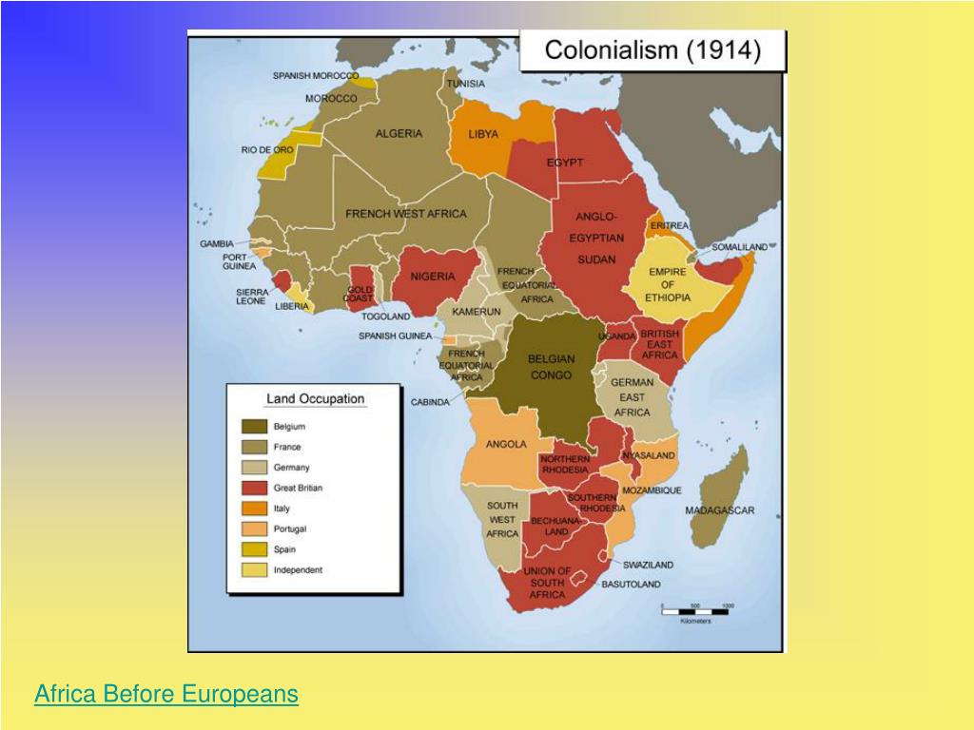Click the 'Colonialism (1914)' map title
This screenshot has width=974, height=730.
click(x=652, y=50)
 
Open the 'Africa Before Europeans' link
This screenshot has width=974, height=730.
click(x=166, y=695)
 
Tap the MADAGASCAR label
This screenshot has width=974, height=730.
click(x=720, y=510)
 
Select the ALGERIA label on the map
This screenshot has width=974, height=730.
click(x=399, y=134)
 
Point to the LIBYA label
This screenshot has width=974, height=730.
click(x=483, y=134)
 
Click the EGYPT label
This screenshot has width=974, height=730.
click(x=565, y=163)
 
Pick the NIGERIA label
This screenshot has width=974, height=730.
click(x=433, y=277)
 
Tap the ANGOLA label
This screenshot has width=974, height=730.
click(x=506, y=444)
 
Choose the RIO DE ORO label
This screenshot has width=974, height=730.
click(x=267, y=150)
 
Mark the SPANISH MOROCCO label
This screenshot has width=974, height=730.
click(x=316, y=76)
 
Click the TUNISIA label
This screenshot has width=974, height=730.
click(x=466, y=84)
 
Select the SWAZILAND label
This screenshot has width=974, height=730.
click(x=649, y=565)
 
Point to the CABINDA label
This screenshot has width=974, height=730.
click(x=430, y=402)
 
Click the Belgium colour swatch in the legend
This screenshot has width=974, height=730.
click(x=254, y=427)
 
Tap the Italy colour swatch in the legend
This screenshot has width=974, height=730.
click(x=254, y=509)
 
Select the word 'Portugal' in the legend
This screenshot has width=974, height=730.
click(x=290, y=529)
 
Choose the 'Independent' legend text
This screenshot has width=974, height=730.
click(x=298, y=570)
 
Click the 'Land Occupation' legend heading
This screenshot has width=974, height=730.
click(x=315, y=399)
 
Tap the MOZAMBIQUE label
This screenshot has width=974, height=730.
click(x=652, y=490)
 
